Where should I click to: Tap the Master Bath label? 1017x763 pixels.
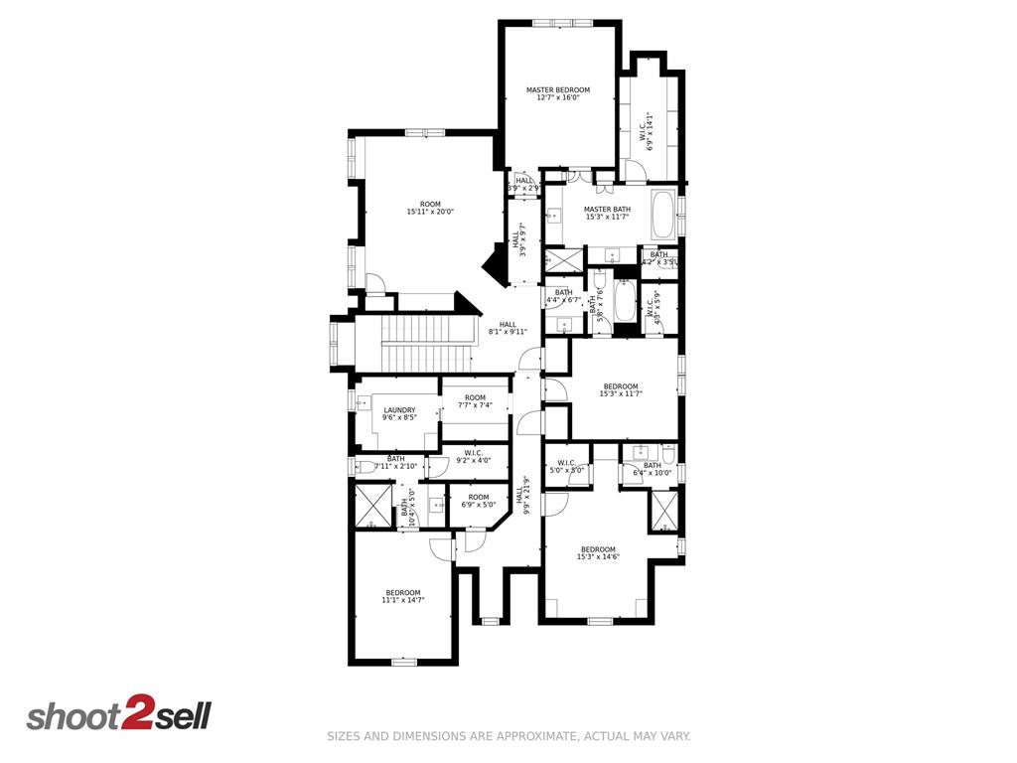[607, 213]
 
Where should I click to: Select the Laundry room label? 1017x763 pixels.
[399, 413]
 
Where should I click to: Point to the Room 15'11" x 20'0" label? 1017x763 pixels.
[430, 208]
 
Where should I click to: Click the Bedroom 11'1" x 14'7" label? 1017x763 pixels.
[403, 596]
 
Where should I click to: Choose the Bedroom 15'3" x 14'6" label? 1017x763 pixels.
[598, 553]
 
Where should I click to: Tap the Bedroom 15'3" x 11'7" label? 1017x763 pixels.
[621, 390]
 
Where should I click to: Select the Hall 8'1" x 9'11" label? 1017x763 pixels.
[508, 328]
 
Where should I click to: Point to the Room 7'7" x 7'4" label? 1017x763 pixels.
[475, 401]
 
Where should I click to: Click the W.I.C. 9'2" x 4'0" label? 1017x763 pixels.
[474, 456]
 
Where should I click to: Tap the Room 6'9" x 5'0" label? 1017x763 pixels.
[479, 501]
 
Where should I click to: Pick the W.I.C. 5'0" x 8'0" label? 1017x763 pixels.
[567, 466]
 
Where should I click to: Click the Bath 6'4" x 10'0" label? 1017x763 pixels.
[653, 469]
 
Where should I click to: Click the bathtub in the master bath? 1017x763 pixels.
[663, 214]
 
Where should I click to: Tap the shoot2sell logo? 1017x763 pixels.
[118, 715]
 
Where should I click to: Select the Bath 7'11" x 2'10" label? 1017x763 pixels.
[395, 462]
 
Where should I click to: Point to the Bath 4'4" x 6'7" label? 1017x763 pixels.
[563, 296]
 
